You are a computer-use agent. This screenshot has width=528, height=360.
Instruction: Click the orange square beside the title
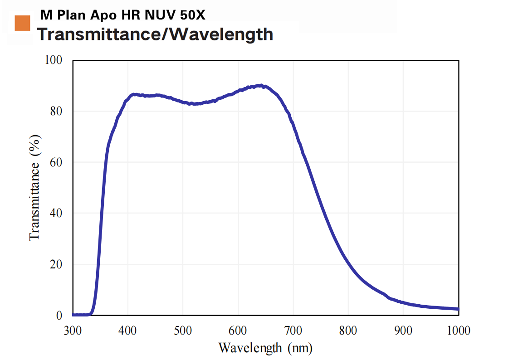click(x=22, y=23)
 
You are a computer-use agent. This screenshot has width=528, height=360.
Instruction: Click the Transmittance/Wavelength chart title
click(x=155, y=34)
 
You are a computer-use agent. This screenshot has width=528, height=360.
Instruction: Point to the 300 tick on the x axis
click(x=73, y=331)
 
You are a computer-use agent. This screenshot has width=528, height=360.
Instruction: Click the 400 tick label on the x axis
click(x=128, y=331)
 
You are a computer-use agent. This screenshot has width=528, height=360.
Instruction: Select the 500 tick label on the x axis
click(x=183, y=331)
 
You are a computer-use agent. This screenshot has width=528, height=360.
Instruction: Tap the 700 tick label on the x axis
click(x=293, y=331)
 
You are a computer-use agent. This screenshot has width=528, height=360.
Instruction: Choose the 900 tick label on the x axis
click(x=403, y=331)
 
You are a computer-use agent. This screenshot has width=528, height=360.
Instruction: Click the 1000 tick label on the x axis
click(x=458, y=331)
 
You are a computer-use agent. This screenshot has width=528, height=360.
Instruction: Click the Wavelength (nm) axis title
click(x=265, y=348)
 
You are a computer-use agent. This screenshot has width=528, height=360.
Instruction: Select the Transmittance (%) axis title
click(x=35, y=188)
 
